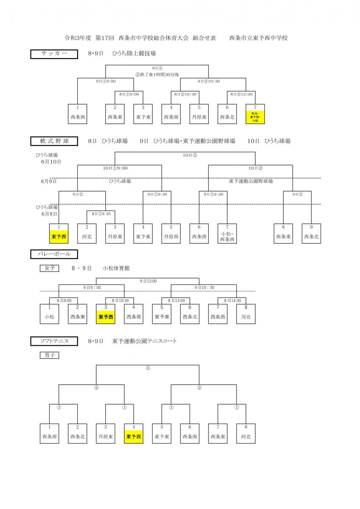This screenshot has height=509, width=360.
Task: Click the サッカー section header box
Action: (54, 54)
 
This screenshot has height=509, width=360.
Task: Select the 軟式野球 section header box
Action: (54, 141)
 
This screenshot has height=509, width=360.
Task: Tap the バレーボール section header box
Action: (54, 254)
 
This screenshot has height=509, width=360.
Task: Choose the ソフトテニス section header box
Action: (54, 341)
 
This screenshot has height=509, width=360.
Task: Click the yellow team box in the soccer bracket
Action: (255, 114)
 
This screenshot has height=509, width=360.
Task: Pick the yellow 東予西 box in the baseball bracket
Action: (59, 233)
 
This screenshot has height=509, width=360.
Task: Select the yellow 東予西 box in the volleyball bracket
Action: (106, 314)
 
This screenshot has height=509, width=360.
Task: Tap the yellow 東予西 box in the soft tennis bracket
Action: (134, 433)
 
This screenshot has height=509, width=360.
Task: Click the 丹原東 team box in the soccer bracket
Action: (199, 114)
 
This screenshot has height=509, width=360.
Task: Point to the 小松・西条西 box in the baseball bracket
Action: (227, 233)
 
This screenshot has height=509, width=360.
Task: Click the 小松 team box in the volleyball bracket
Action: (49, 314)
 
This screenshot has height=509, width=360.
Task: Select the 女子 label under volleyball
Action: (49, 268)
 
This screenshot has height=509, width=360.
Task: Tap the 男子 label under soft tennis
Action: (49, 355)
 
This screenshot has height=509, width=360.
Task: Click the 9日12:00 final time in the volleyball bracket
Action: (148, 281)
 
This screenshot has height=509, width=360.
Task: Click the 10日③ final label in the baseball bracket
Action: (190, 155)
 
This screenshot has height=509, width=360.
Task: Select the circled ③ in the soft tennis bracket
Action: (148, 368)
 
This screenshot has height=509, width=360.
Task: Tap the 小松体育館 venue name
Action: (116, 268)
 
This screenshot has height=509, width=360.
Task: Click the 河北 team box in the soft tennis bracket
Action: (246, 433)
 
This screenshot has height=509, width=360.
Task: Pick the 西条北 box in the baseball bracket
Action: (312, 233)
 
